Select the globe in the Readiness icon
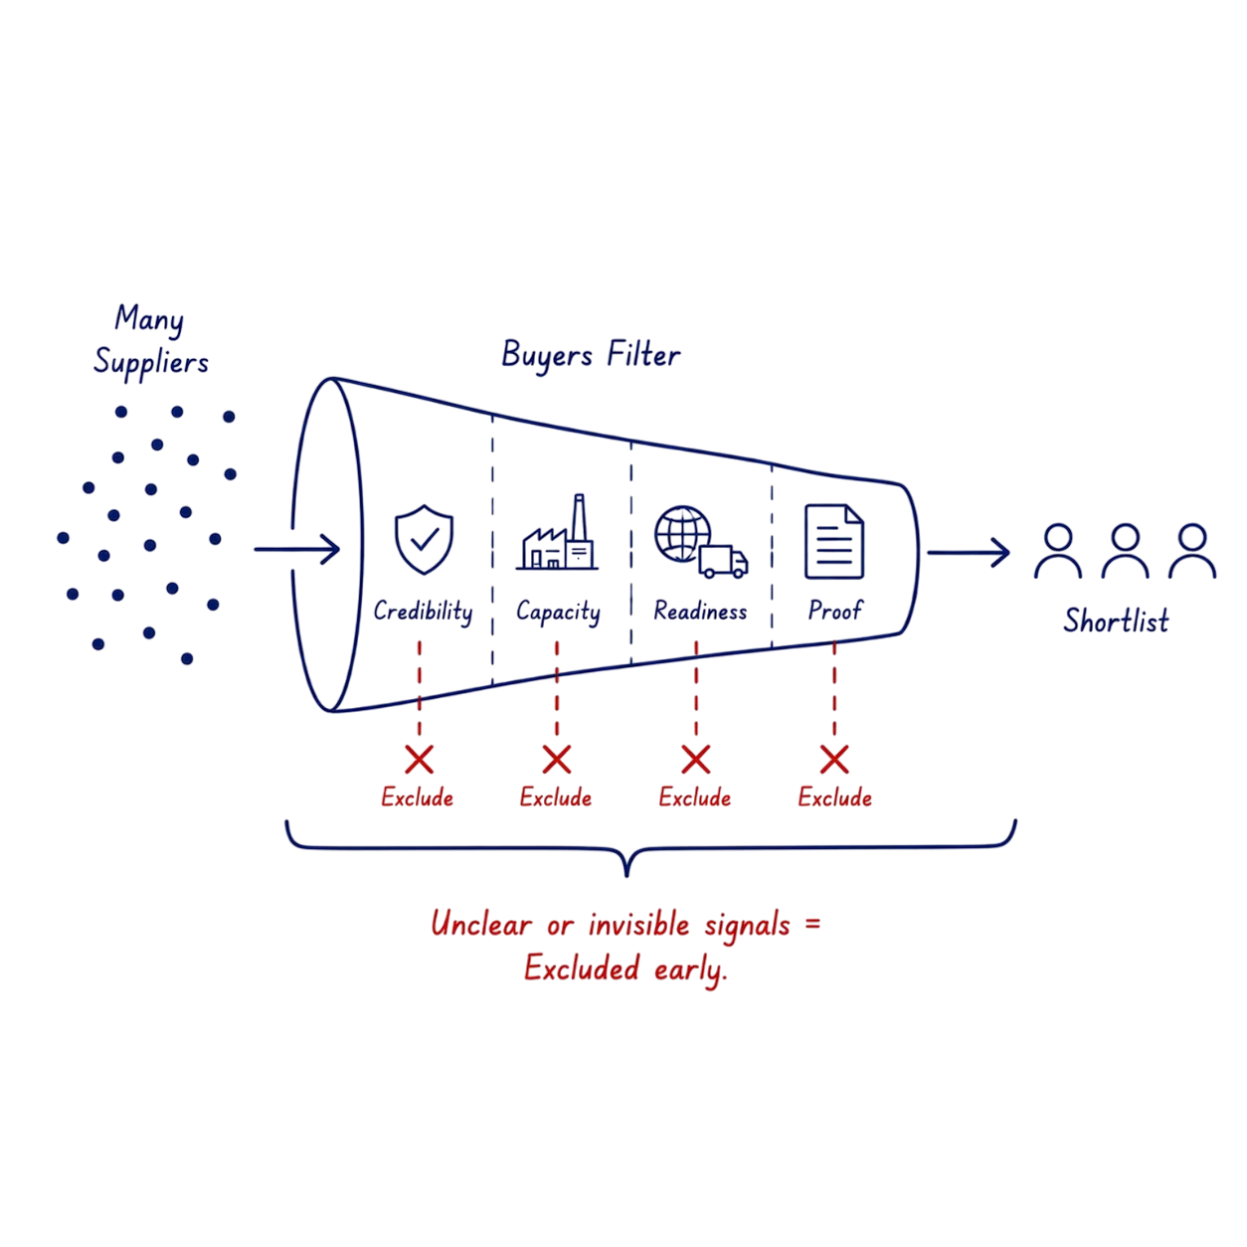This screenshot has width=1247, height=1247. coord(681,534)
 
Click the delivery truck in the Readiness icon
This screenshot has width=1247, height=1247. coord(723,561)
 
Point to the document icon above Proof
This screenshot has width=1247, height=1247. coord(833,541)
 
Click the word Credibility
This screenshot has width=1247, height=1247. coord(424,612)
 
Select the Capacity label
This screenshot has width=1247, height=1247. coord(558,613)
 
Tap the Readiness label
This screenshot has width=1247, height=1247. coord(699,611)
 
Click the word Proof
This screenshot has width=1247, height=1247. coord(834,611)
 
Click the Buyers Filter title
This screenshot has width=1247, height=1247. coord(591,355)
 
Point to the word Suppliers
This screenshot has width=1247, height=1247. coord(151,362)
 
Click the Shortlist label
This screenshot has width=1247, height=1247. coord(1117,621)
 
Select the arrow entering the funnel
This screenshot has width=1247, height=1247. coord(297,549)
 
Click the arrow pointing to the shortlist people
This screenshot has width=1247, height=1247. coord(969,553)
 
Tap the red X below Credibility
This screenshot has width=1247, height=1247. coord(419,759)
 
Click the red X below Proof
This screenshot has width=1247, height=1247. coord(834,759)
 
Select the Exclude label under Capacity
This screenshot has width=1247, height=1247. coord(556,798)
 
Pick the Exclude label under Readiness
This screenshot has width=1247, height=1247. coord(695,798)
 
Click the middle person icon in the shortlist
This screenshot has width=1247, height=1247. coord(1126,551)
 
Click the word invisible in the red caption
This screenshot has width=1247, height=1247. coord(638,924)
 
